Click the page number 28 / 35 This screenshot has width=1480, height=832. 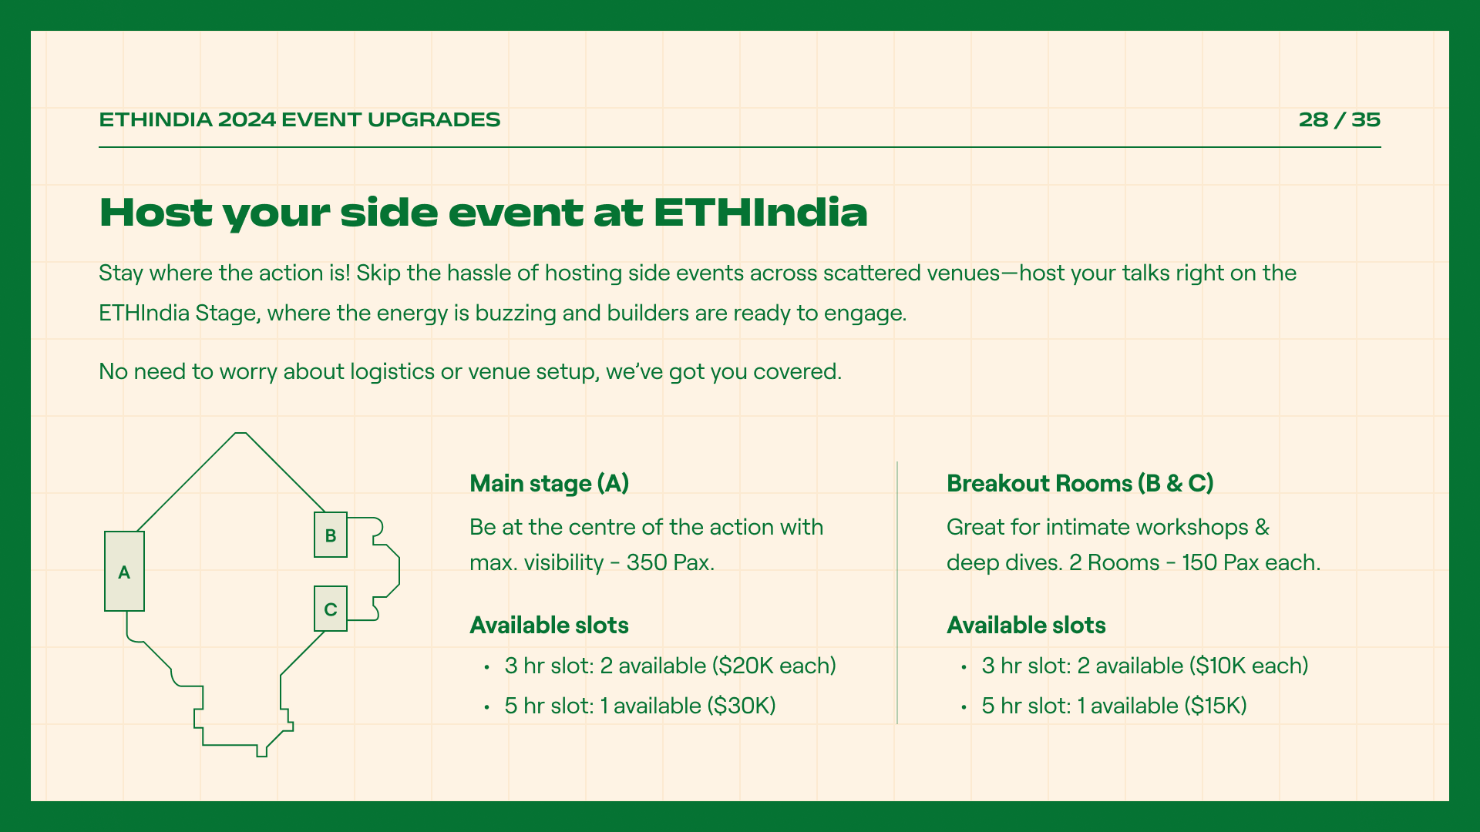1339,119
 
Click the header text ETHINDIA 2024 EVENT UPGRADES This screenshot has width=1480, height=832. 300,119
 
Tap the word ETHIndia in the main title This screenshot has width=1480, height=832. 761,213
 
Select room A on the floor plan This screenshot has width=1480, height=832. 124,572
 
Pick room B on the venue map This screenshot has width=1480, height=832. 331,535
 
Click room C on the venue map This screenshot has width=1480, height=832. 331,609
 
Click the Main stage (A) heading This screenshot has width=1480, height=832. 550,484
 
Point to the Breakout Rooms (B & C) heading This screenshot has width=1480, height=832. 1080,484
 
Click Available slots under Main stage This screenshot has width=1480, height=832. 550,626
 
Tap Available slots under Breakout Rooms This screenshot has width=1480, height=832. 1027,626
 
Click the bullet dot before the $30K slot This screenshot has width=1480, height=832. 487,707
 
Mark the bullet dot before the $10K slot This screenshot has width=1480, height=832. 964,667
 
